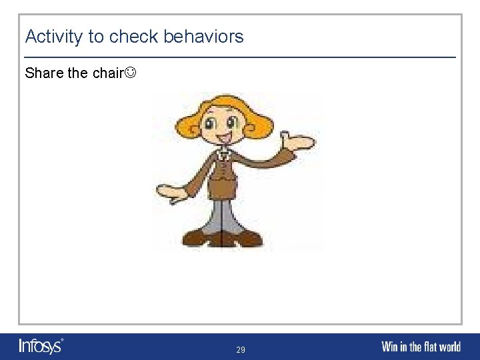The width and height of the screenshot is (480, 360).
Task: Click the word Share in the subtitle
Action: click(x=44, y=73)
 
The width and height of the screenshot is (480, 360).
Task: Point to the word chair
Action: click(x=108, y=73)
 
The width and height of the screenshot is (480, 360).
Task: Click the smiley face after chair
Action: click(x=132, y=73)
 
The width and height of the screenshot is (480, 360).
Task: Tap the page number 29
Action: click(x=240, y=349)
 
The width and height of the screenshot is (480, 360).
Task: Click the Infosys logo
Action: click(x=41, y=346)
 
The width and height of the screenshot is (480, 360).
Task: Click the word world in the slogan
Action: click(x=449, y=347)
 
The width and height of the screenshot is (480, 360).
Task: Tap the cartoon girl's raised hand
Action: click(x=297, y=141)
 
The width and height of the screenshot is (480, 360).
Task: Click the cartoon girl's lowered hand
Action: click(x=172, y=193)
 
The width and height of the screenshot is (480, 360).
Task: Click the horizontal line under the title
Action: click(x=240, y=57)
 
